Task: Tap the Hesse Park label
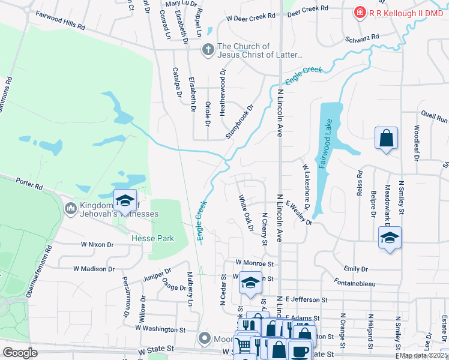[x=152, y=238]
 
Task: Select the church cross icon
[x=208, y=50]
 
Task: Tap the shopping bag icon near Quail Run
[x=387, y=138]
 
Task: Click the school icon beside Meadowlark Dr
[x=390, y=238]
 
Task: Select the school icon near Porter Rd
[x=125, y=200]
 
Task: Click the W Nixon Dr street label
[x=97, y=245]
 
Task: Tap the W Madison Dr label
[x=94, y=269]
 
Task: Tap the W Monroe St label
[x=255, y=263]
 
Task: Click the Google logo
[x=20, y=353]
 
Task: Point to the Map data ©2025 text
[x=423, y=355]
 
